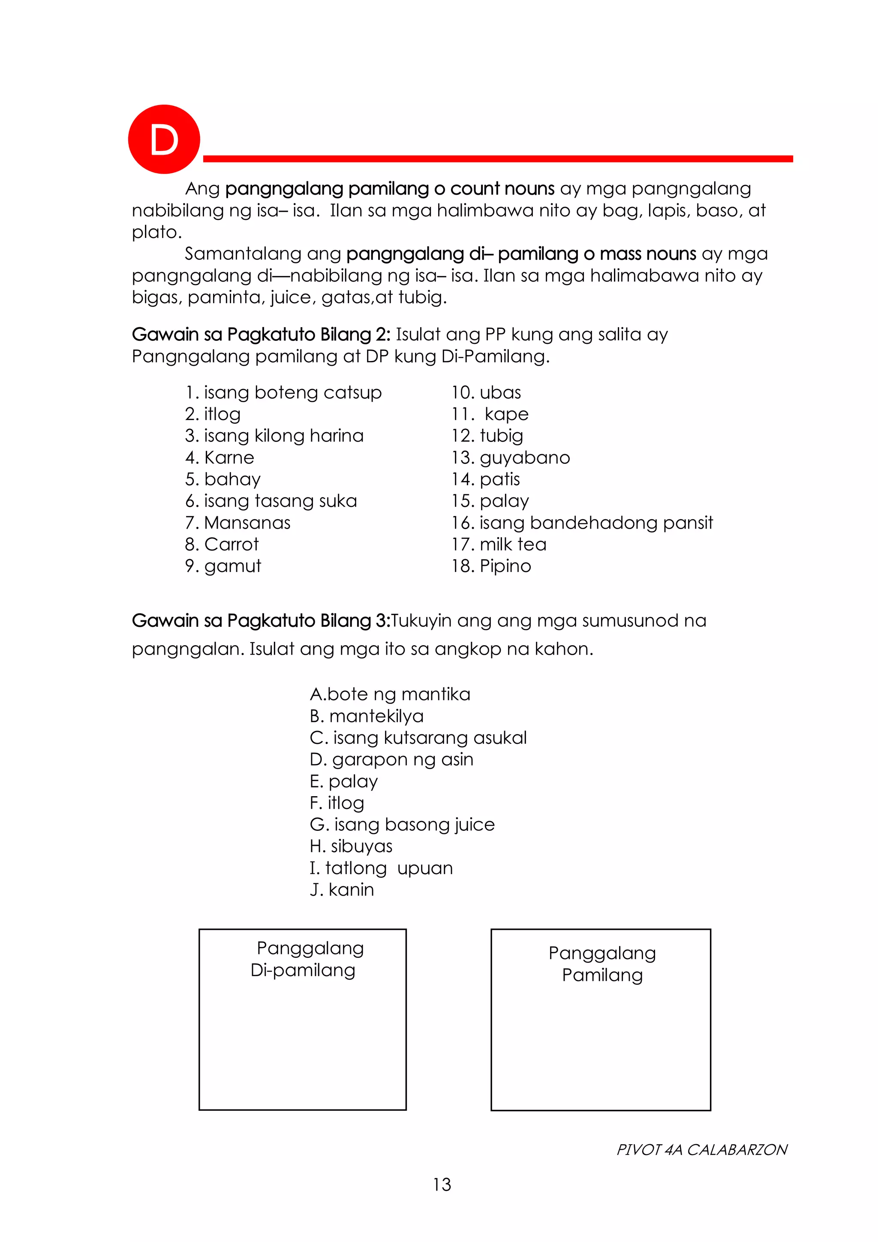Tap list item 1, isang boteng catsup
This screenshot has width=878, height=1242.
(283, 392)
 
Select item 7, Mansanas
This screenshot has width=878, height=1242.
(238, 523)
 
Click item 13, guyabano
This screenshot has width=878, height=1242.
(511, 457)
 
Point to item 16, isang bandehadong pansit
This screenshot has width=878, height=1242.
(582, 523)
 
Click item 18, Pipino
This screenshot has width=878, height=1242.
(491, 566)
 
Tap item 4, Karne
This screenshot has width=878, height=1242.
(219, 457)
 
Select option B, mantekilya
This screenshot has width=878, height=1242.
(366, 716)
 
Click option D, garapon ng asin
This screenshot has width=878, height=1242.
(391, 760)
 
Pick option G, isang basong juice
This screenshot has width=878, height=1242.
(402, 824)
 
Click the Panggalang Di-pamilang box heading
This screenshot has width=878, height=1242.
(304, 959)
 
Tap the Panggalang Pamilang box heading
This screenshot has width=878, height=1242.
(602, 964)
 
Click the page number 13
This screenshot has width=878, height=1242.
(442, 1185)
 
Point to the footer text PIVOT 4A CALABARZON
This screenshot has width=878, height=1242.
(702, 1149)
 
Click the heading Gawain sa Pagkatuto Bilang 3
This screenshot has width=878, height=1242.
(261, 620)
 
